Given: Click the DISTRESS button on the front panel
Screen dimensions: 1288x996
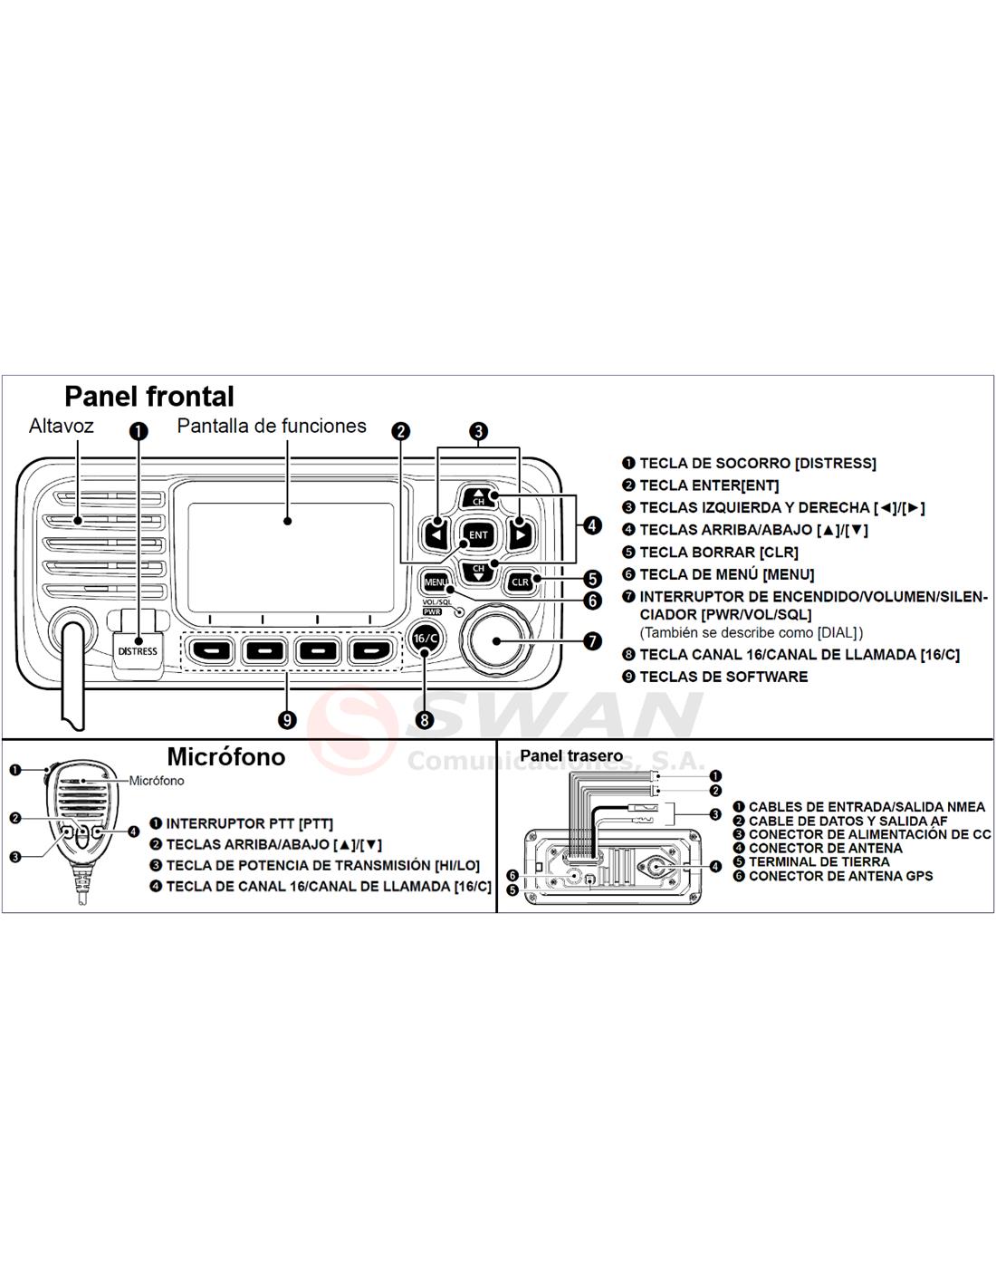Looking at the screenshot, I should (138, 650).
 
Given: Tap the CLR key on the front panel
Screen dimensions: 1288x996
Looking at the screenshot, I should (520, 582).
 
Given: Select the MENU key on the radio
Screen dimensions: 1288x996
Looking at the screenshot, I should (436, 582).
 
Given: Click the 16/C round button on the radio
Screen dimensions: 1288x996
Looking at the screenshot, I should (425, 639).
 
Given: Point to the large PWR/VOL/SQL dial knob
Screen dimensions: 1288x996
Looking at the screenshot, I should (495, 639).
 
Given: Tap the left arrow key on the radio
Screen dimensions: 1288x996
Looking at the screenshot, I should (436, 535).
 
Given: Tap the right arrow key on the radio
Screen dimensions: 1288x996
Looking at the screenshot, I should (520, 535).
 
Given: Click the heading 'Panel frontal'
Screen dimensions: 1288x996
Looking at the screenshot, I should (149, 397).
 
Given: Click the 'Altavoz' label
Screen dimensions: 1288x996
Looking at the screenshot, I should (61, 426).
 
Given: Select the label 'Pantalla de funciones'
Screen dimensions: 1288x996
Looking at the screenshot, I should (272, 426).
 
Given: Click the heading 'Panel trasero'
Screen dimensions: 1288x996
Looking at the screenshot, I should (571, 755).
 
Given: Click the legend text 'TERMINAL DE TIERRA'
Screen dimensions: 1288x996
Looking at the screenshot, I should (819, 861).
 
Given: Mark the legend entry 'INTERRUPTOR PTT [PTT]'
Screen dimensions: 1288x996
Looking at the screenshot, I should (249, 823).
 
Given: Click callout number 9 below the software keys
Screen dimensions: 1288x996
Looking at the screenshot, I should (288, 720).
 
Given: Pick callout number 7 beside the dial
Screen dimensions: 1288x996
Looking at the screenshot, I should (592, 641).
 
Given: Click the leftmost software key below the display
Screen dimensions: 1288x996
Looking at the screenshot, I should (211, 650).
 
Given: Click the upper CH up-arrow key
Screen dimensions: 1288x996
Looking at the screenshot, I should (477, 496).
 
